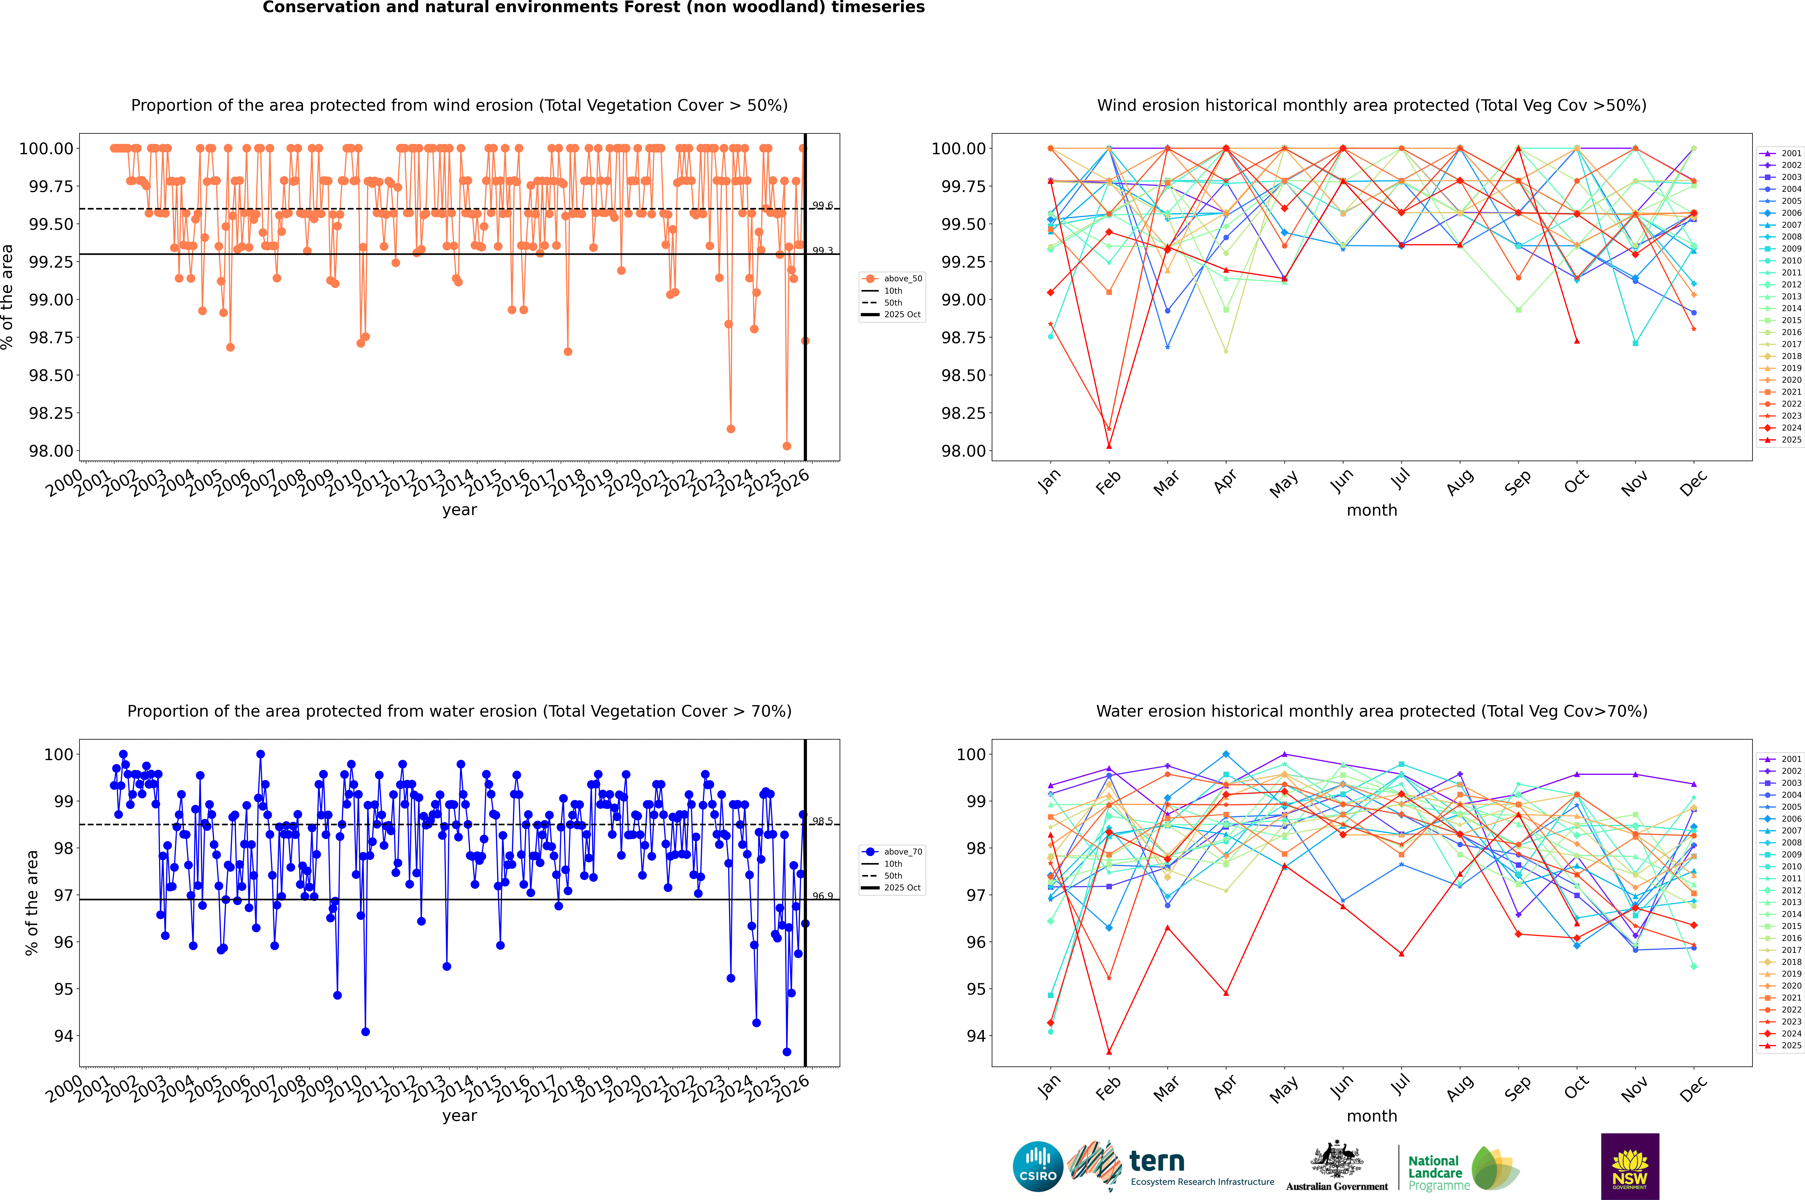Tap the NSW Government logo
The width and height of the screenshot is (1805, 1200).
[x=1630, y=1166]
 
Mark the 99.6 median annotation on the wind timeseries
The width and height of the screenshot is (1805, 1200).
[x=823, y=206]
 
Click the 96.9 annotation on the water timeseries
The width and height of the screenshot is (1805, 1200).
[x=823, y=896]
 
